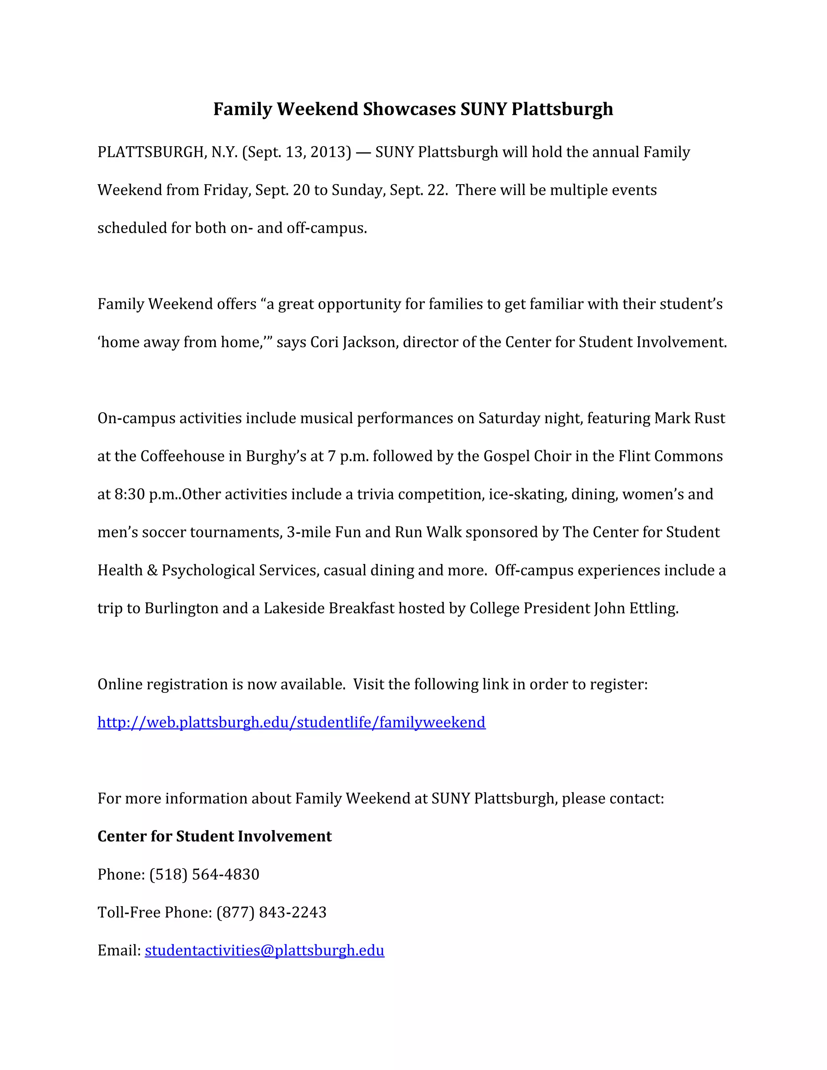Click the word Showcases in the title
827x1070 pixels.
coord(409,109)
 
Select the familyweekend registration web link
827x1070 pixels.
coord(292,723)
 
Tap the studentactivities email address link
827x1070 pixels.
coord(264,950)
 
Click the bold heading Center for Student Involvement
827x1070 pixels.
coord(214,836)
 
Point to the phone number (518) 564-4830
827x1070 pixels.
coord(204,875)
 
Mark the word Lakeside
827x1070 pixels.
coord(294,608)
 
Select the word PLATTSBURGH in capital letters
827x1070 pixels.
coord(150,152)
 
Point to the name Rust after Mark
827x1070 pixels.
coord(709,418)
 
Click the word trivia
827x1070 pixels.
coord(375,494)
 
